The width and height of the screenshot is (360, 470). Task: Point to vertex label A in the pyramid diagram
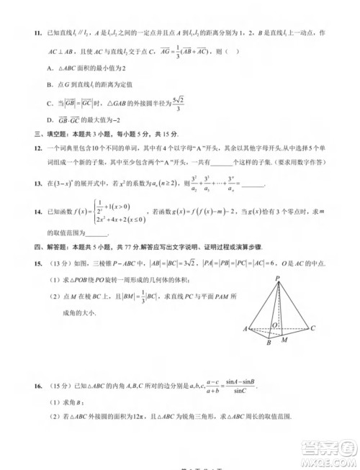click(x=246, y=329)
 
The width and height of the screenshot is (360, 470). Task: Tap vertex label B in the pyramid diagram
click(x=268, y=343)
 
